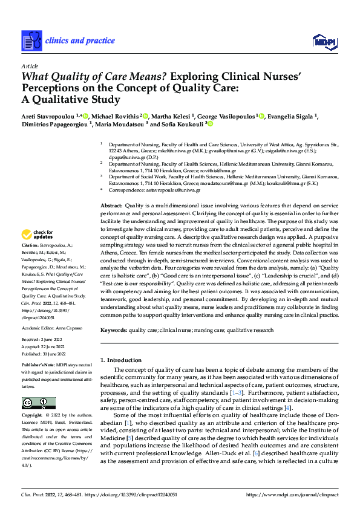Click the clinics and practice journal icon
click(x=31, y=41)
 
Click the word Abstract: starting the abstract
click(x=112, y=206)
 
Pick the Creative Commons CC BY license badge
click(x=38, y=403)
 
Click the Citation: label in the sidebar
click(x=31, y=248)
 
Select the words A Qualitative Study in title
click(x=73, y=100)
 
